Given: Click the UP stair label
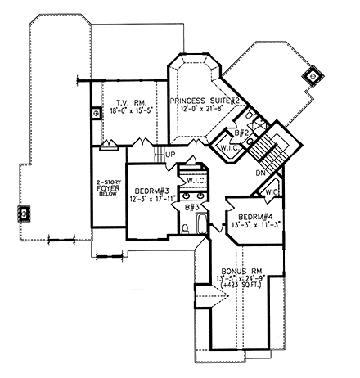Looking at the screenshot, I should [171, 154].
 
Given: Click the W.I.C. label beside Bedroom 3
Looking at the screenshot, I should [196, 180].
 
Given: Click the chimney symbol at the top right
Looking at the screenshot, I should [312, 78].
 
